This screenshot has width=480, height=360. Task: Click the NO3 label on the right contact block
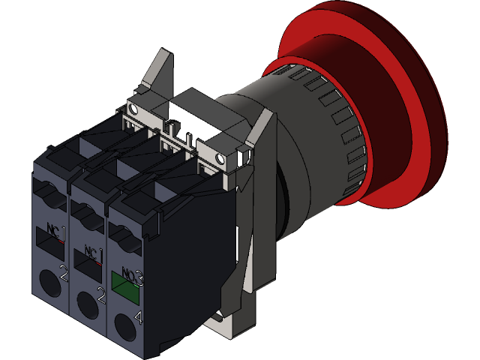click(x=131, y=275)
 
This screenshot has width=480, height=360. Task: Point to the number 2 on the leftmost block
click(x=64, y=275)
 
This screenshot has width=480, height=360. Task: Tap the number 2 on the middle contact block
click(x=100, y=298)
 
